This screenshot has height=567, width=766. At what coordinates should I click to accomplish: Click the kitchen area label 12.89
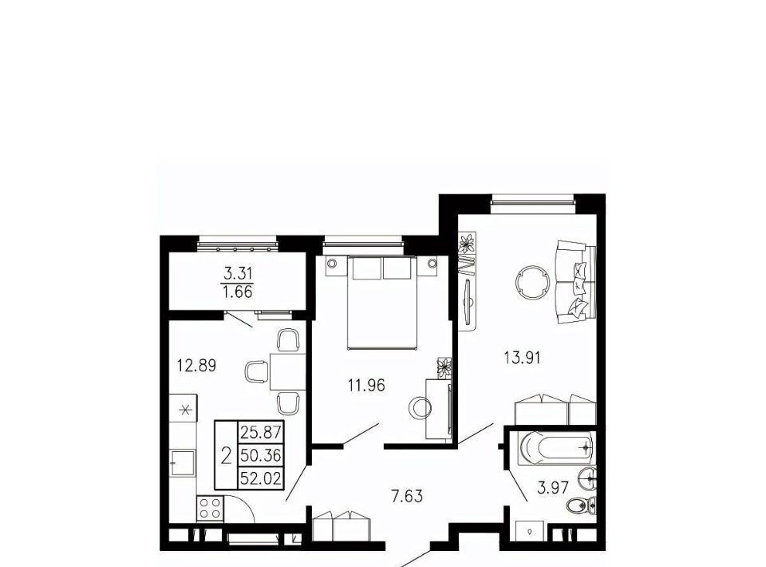point(196,365)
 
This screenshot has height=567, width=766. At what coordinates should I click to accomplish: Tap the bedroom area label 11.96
point(366,386)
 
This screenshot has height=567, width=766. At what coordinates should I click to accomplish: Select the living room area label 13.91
point(522,359)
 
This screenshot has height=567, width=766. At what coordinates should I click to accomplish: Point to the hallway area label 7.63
point(407,497)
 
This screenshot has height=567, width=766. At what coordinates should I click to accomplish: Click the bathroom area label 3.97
point(552,487)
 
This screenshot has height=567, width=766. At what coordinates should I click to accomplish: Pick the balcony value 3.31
point(238,273)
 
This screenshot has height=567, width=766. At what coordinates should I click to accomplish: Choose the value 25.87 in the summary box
point(261,432)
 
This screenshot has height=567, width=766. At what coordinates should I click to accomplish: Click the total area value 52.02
point(261,478)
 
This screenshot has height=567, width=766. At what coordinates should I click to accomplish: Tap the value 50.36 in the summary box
point(261,455)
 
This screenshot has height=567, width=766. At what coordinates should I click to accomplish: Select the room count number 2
point(226,455)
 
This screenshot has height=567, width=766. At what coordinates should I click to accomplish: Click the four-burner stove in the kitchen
point(210,509)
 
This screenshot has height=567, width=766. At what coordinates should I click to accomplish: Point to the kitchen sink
point(183,462)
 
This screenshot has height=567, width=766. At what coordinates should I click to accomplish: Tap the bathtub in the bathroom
point(556,446)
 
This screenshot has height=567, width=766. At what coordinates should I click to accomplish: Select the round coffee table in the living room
point(533,282)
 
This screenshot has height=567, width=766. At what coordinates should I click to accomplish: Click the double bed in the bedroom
point(382,303)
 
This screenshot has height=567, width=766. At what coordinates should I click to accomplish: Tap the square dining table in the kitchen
point(287,371)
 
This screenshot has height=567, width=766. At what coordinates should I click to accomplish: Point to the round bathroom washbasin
point(586,477)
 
